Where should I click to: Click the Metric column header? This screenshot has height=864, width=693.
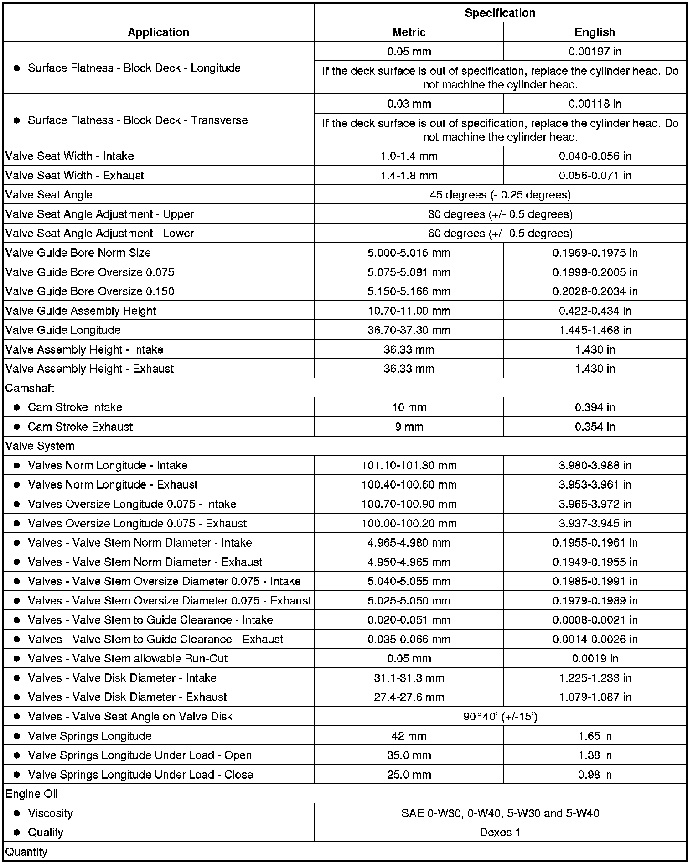point(409,32)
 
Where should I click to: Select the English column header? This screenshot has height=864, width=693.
point(595,32)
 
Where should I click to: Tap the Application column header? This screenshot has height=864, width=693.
point(158,32)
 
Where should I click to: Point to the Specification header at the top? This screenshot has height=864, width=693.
point(500,13)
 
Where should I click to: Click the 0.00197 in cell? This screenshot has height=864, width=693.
point(595,52)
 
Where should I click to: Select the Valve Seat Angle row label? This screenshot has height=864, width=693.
point(49,195)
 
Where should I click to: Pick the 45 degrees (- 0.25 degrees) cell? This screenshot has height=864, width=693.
point(500,195)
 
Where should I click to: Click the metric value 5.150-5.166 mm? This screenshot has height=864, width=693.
point(409,291)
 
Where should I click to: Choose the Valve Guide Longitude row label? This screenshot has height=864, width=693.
point(63,330)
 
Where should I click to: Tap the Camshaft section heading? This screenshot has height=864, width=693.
point(30,388)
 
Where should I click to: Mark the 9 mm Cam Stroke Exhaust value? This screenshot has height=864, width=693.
point(409,427)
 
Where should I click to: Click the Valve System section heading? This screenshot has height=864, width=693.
point(40,446)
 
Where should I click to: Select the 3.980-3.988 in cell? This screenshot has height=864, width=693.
point(595,465)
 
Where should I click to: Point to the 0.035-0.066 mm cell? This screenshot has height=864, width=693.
point(409,639)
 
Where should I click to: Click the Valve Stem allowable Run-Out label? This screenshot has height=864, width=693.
point(128,659)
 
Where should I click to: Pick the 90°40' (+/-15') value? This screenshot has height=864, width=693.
point(500,717)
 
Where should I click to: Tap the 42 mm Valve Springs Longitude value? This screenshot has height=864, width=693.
point(409,736)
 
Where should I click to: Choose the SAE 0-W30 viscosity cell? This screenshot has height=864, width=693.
point(500,813)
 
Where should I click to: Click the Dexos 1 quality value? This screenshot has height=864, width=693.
point(500,833)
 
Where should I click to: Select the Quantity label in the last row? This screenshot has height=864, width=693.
point(26,852)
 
